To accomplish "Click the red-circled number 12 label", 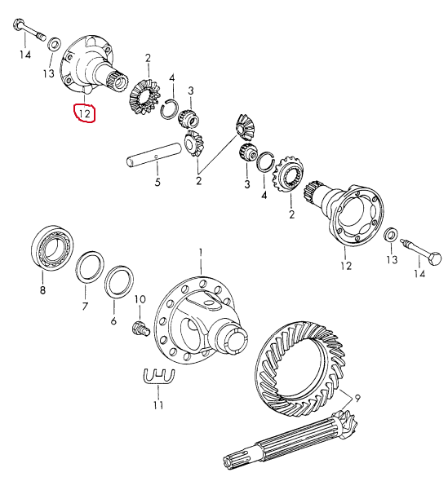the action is click(84, 113).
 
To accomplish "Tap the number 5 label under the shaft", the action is click(157, 182).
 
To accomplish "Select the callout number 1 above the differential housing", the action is click(201, 253).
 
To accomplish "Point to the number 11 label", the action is click(158, 405).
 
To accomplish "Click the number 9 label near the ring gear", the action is click(357, 398).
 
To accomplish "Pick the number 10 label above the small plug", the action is click(140, 299).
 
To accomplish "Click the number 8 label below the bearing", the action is click(43, 290).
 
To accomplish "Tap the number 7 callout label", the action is click(85, 307).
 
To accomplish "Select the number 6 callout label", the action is click(113, 320).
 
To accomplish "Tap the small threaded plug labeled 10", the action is click(140, 330).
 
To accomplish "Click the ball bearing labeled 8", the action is click(51, 247).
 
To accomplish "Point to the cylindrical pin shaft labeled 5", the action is click(153, 154).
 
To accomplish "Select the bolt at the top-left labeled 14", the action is click(29, 29).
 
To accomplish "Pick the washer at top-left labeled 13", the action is click(54, 43).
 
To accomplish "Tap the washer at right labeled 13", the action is click(391, 235).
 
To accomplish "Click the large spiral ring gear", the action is click(301, 369).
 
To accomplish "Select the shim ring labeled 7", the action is click(90, 267).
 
